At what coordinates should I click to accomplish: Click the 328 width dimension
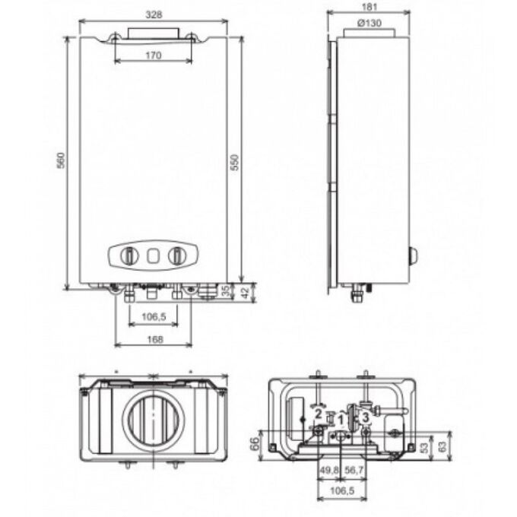[154, 15]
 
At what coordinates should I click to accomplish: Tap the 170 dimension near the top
[154, 55]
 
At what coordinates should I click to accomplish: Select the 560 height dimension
[62, 160]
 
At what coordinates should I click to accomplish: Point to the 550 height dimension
[234, 162]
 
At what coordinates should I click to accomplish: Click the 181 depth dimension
[370, 7]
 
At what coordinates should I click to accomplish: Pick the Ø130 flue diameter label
[370, 23]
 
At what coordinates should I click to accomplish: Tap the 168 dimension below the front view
[154, 339]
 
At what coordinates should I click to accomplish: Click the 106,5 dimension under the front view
[154, 317]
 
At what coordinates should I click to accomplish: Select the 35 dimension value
[227, 291]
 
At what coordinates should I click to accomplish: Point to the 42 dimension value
[246, 292]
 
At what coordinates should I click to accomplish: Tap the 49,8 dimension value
[328, 470]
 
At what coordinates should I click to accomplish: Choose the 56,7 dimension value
[354, 470]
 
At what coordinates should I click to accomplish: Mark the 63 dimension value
[442, 446]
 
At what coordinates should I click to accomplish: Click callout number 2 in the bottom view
[318, 414]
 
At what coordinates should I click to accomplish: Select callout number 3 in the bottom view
[366, 417]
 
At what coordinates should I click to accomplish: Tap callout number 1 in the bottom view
[341, 420]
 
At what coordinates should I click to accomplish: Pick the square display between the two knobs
[154, 255]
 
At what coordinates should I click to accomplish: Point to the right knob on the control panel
[177, 255]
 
